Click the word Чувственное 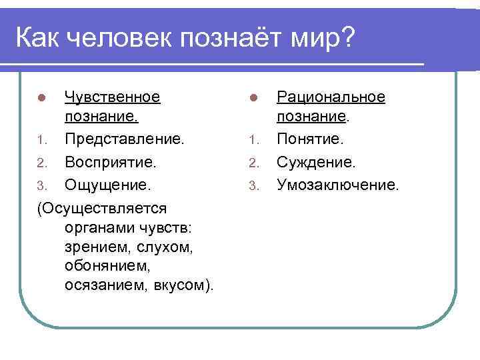coord(112,97)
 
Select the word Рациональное coord(331,97)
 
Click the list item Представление coord(125,141)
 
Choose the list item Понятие coord(310,141)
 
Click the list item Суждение coord(316,162)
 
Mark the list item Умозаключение coord(338,184)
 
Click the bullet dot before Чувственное coord(41,98)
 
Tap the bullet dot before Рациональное coord(253,98)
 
